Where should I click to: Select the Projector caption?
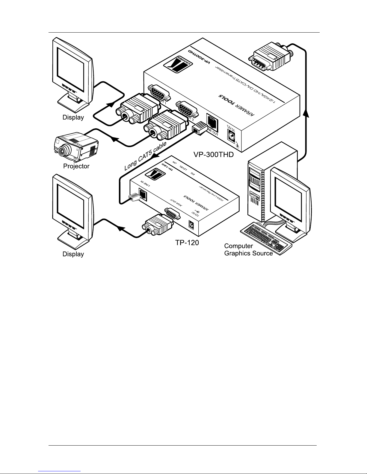pyautogui.click(x=76, y=166)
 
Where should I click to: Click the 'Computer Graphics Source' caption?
pyautogui.click(x=248, y=250)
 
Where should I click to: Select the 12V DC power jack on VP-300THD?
pyautogui.click(x=231, y=136)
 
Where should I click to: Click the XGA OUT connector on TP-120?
pyautogui.click(x=172, y=214)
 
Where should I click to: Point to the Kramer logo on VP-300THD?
pyautogui.click(x=176, y=63)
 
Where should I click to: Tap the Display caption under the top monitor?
pyautogui.click(x=73, y=118)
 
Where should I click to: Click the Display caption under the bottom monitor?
pyautogui.click(x=73, y=254)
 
